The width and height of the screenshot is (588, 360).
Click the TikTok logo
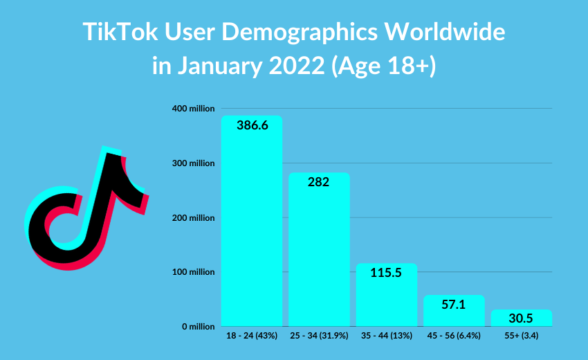pos(86,208)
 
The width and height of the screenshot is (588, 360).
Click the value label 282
pos(319,183)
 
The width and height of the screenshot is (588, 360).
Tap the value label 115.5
pos(387,273)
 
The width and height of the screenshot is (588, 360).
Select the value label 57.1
pos(454,305)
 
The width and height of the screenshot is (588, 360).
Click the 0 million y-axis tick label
pos(197,326)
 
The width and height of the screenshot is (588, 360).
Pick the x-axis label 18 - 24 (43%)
pos(252,336)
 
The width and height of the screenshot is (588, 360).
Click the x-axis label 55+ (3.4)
pos(522,336)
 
